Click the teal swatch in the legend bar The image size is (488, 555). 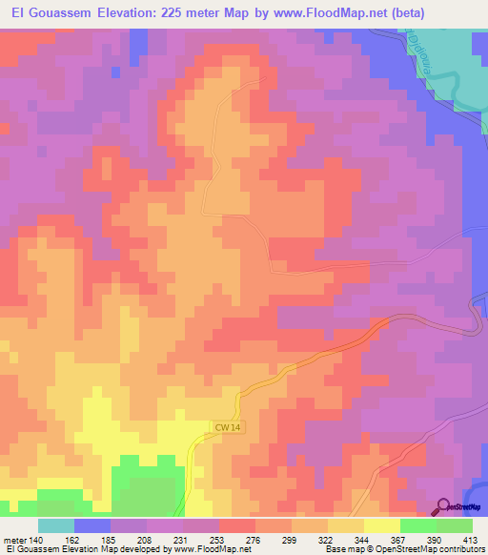[56, 525]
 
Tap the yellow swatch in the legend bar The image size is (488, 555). [381, 525]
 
